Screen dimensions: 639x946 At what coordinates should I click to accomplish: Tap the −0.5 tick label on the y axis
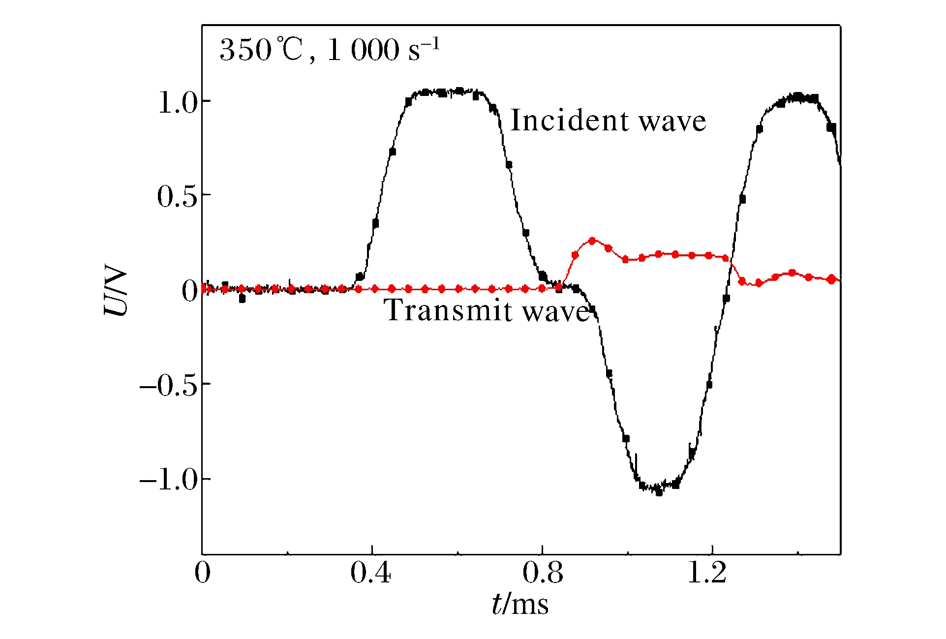pos(168,386)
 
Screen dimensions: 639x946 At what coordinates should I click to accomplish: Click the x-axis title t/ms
pos(520,604)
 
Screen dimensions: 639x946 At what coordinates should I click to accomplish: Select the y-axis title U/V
pos(116,292)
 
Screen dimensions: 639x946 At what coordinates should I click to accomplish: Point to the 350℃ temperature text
pos(261,50)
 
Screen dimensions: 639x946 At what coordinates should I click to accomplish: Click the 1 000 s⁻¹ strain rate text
pos(383,50)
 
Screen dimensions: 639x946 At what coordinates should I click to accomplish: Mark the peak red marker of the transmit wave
pos(592,241)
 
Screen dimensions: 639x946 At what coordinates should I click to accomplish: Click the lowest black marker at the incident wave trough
pos(659,492)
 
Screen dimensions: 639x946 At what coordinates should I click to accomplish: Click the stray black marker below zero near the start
pos(242,299)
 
